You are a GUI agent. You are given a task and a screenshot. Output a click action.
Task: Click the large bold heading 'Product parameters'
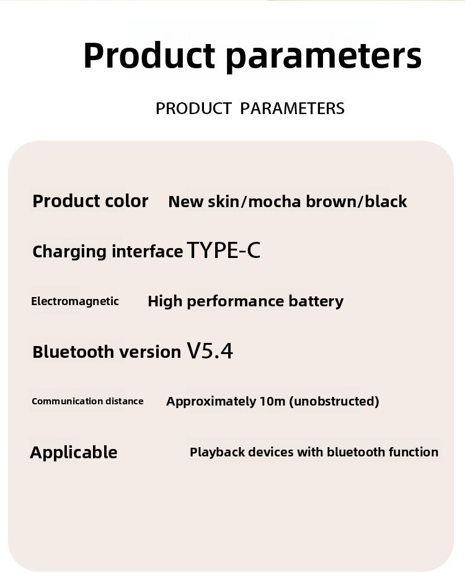coord(252,55)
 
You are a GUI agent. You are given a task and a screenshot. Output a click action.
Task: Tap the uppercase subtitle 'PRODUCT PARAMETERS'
coord(250,109)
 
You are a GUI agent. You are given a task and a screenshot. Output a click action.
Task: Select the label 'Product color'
coord(91,201)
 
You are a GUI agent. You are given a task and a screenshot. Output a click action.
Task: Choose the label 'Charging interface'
coord(108,252)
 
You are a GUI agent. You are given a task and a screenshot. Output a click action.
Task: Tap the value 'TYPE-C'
coord(224,251)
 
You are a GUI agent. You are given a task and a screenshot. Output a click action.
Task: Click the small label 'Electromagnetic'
coord(75,301)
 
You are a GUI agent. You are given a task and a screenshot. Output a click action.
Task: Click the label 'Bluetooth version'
coord(107,352)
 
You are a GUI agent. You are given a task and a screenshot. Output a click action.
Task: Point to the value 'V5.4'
coord(210,351)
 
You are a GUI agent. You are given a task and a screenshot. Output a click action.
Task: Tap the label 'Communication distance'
coord(87,401)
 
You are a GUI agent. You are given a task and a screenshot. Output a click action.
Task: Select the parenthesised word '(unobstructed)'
coord(334,401)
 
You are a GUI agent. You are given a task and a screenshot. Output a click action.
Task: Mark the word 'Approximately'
coord(211,402)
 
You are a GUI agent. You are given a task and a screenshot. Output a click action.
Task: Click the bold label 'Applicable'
coord(74,452)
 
